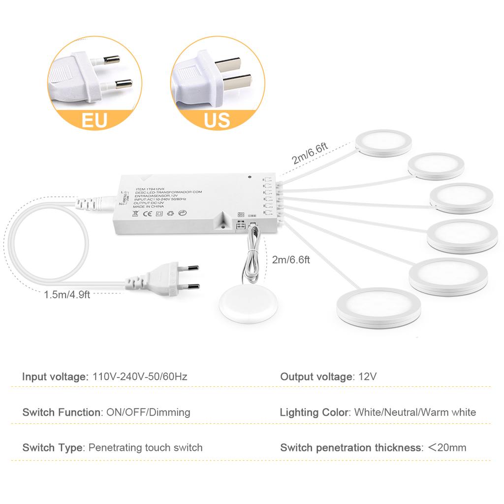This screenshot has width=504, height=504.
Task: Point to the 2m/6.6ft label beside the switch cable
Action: [x=291, y=259]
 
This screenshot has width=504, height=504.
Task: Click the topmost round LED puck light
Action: [x=383, y=143]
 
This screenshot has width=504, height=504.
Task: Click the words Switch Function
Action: [x=61, y=412]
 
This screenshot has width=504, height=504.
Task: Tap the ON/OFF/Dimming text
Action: [x=148, y=412]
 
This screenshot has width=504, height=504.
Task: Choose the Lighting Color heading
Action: [x=314, y=412]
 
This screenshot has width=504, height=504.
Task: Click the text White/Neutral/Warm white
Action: [x=415, y=412]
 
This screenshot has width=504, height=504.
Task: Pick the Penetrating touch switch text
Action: [x=145, y=448]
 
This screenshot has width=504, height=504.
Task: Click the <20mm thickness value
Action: [x=446, y=448]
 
